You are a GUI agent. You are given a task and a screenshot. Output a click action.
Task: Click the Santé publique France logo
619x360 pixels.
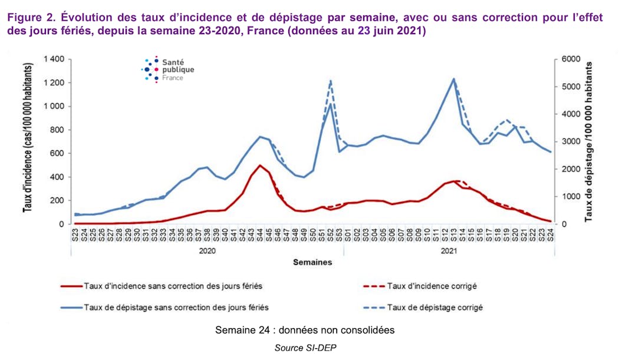168,69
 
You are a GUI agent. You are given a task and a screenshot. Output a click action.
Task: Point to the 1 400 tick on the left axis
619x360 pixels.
54,60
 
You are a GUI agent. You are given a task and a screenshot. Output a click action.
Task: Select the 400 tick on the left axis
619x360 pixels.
57,177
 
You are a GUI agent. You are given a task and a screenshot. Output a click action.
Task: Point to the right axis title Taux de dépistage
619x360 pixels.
590,141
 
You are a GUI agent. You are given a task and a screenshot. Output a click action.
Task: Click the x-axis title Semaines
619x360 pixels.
312,263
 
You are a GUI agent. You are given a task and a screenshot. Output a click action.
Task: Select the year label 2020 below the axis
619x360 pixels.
207,250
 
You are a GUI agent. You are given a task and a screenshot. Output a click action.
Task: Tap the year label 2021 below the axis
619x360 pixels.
448,250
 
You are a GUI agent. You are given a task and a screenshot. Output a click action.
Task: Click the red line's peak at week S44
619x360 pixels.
260,165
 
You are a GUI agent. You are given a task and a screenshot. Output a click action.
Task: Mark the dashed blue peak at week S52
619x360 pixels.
331,80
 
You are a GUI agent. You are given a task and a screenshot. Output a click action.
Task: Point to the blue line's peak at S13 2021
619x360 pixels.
454,79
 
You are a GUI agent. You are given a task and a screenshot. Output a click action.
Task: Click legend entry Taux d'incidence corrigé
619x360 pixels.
432,286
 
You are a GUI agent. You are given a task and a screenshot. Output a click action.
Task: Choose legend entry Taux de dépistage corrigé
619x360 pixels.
435,307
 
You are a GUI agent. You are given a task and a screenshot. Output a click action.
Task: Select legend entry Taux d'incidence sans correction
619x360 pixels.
173,286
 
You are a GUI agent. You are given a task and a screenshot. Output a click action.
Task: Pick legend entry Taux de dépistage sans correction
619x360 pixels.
177,307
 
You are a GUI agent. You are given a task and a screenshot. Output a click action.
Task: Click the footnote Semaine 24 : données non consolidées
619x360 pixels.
305,330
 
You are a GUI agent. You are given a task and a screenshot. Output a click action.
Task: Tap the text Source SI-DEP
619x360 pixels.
305,348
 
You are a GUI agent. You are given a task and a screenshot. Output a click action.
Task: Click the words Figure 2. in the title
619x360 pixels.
28,17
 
